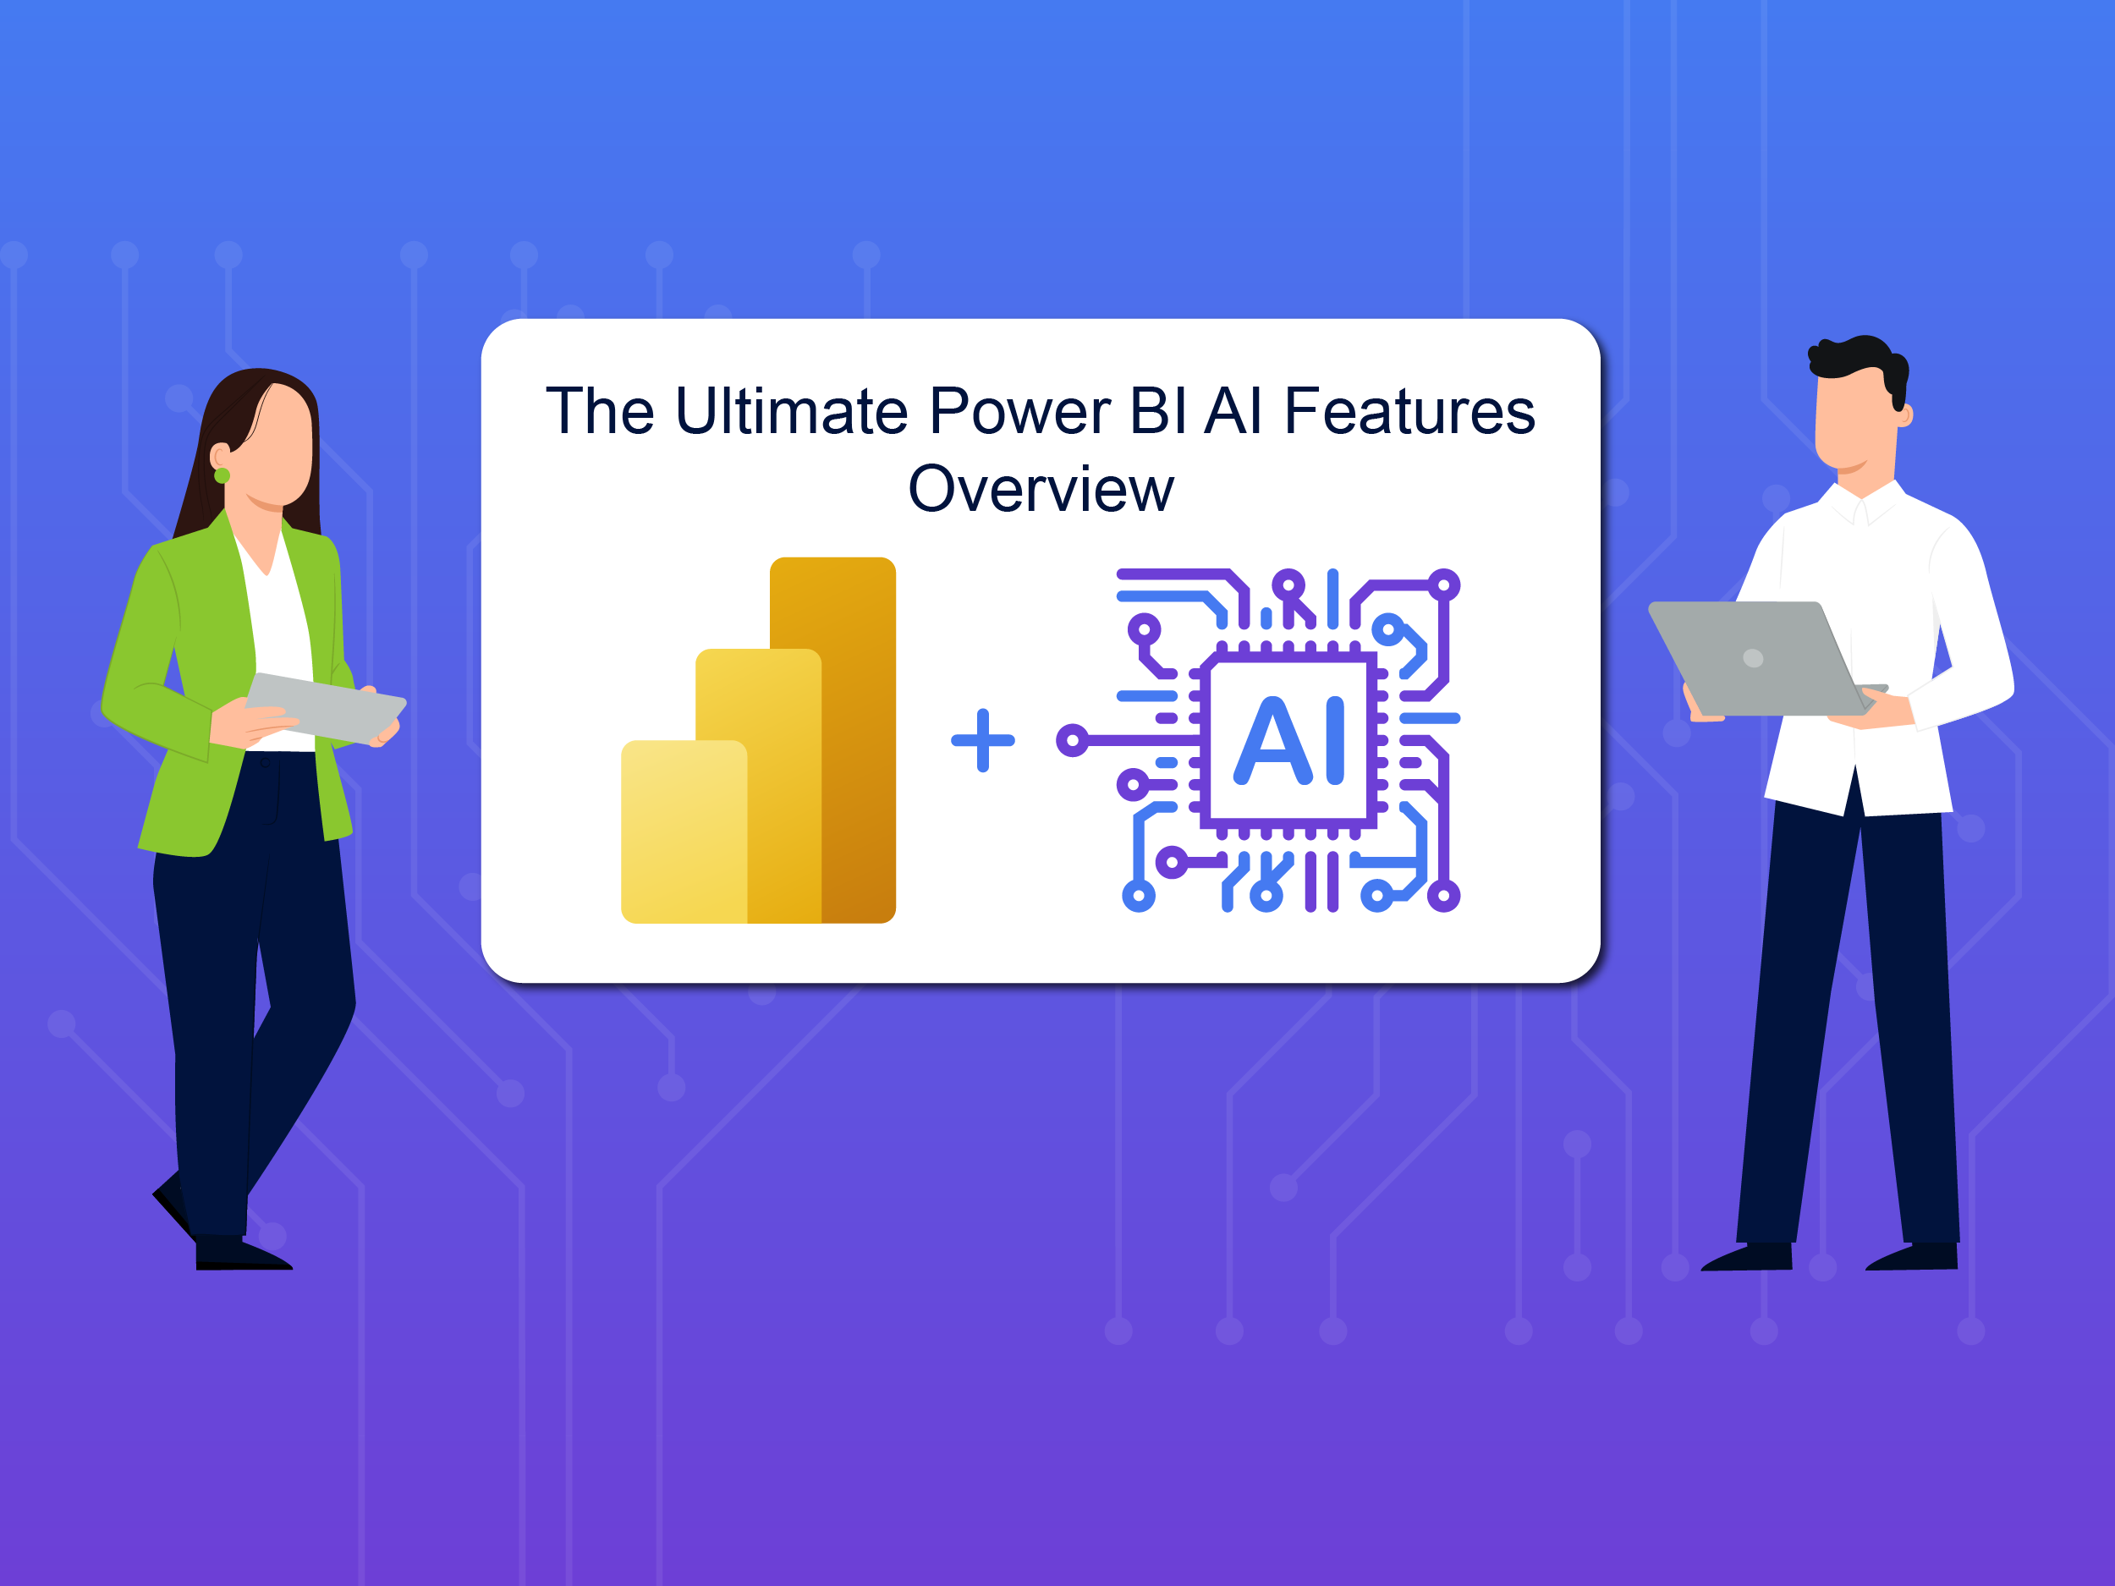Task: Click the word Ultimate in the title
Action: click(x=792, y=412)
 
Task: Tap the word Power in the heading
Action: click(x=1019, y=412)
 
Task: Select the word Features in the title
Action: click(x=1409, y=412)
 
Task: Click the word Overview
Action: click(x=1041, y=490)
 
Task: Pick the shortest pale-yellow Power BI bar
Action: click(x=683, y=831)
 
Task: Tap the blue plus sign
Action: click(x=983, y=740)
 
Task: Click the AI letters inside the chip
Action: click(x=1290, y=740)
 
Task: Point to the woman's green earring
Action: click(x=222, y=475)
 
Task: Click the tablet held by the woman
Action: click(x=325, y=707)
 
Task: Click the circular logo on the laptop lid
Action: click(x=1753, y=658)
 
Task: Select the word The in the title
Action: click(x=601, y=412)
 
